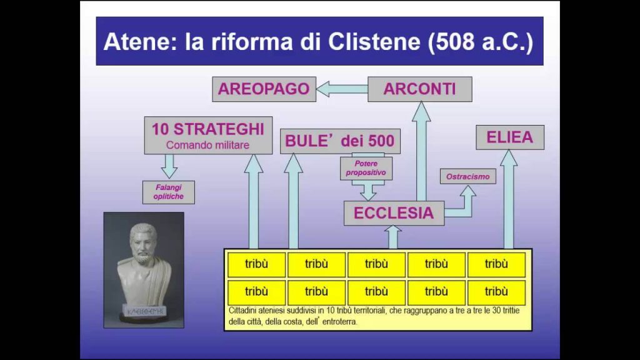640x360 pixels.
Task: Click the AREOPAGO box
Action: pos(264,89)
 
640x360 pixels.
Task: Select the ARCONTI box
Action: pos(420,89)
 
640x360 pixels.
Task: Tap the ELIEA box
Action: pos(510,137)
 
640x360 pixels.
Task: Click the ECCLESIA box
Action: pos(394,213)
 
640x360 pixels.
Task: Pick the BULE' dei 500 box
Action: pos(340,141)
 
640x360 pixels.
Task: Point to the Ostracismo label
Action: pos(467,176)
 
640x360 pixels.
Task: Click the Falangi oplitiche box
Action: pos(169,192)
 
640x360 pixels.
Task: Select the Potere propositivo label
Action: pos(366,168)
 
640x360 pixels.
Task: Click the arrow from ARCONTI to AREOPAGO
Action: pos(342,89)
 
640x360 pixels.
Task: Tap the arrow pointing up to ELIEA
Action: pos(509,199)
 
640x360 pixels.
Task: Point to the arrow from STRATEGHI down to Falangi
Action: pos(169,166)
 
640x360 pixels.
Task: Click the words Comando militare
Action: pos(207,145)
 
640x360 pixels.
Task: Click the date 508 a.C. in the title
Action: pos(481,42)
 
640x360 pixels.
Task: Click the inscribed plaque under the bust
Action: pos(145,311)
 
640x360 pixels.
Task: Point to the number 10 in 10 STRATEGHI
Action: pos(161,129)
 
